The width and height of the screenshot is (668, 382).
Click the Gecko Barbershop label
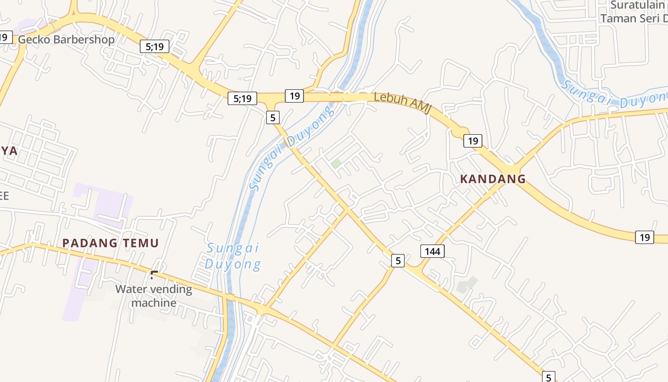pos(66,39)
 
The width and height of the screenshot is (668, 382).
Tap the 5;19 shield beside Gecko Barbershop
pos(155,46)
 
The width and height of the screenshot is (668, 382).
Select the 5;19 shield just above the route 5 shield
pos(242,98)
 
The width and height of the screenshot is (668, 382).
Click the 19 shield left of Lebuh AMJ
pos(294,95)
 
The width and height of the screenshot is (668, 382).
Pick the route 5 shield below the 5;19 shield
pos(272,117)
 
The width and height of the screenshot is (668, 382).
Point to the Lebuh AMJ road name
pos(402,103)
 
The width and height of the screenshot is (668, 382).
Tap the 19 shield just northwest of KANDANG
pos(472,140)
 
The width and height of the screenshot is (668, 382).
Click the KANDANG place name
pos(492,179)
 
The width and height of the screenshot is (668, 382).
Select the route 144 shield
pos(432,251)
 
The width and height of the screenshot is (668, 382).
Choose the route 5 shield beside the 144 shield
pos(397,260)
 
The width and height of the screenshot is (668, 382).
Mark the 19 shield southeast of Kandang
pos(645,237)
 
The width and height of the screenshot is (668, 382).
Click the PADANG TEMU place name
pos(110,243)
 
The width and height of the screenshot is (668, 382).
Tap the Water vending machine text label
pos(154,296)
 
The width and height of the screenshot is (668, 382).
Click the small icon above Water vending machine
pos(154,275)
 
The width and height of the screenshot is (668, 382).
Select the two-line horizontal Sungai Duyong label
pos(233,256)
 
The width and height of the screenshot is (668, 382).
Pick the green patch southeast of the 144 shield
pos(467,285)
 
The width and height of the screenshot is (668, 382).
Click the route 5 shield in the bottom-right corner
pos(549,377)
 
